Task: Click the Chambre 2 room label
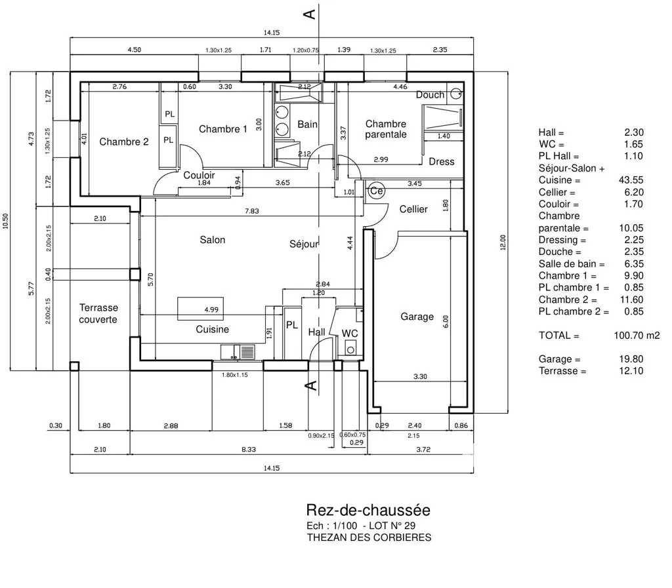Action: pos(124,142)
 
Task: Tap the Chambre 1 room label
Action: pos(223,129)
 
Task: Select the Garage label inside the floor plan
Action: pos(417,317)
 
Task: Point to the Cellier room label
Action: pos(413,209)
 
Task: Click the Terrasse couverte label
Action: pos(98,314)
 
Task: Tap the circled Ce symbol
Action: pos(376,191)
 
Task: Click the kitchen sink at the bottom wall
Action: pos(238,352)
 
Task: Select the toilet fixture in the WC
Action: pos(350,348)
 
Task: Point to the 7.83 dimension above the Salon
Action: pos(252,211)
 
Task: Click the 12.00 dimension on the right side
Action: pos(503,243)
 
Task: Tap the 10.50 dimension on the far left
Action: pos(5,222)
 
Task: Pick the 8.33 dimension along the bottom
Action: pos(249,449)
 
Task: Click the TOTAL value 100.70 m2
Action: pos(637,336)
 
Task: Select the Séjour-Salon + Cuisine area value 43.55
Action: pos(631,180)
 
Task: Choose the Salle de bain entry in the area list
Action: pos(572,264)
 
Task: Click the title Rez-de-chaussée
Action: pos(368,510)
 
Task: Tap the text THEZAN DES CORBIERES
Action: pos(369,538)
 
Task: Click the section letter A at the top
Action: pos(310,14)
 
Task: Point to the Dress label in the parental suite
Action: pos(442,162)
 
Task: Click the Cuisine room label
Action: pos(212,330)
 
